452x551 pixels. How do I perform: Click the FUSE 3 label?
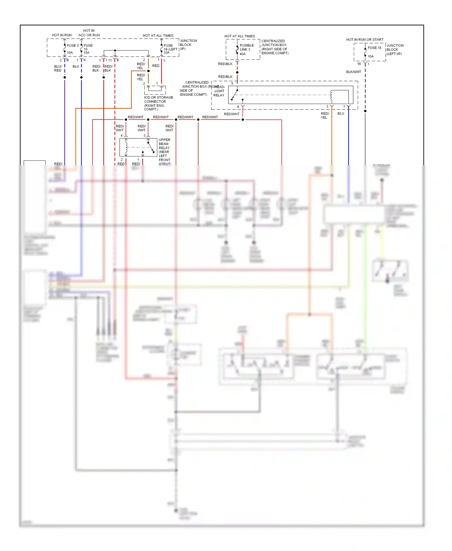[x=73, y=46]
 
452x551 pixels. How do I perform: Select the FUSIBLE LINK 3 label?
[x=247, y=47]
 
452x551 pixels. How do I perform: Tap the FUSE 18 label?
[x=374, y=48]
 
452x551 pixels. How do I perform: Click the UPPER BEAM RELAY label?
[x=164, y=144]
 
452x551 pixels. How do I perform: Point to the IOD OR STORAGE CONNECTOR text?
[x=158, y=99]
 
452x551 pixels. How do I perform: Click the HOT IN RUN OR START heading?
[x=365, y=39]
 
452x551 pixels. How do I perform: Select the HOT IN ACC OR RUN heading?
[x=89, y=33]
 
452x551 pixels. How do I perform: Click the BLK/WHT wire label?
[x=353, y=72]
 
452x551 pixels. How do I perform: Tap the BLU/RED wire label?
[x=58, y=68]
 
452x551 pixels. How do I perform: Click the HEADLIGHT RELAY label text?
[x=219, y=91]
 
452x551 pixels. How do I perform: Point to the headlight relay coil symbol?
[x=331, y=95]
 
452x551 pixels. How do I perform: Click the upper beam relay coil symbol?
[x=126, y=147]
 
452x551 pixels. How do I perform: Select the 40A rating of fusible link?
[x=243, y=54]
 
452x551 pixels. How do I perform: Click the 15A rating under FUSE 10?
[x=86, y=53]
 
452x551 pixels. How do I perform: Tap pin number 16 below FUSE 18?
[x=359, y=64]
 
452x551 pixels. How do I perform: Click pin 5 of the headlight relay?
[x=232, y=83]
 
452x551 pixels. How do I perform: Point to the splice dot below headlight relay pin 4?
[x=243, y=120]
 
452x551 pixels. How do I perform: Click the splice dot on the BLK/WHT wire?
[x=365, y=111]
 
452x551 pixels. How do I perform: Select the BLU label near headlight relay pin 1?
[x=341, y=113]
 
